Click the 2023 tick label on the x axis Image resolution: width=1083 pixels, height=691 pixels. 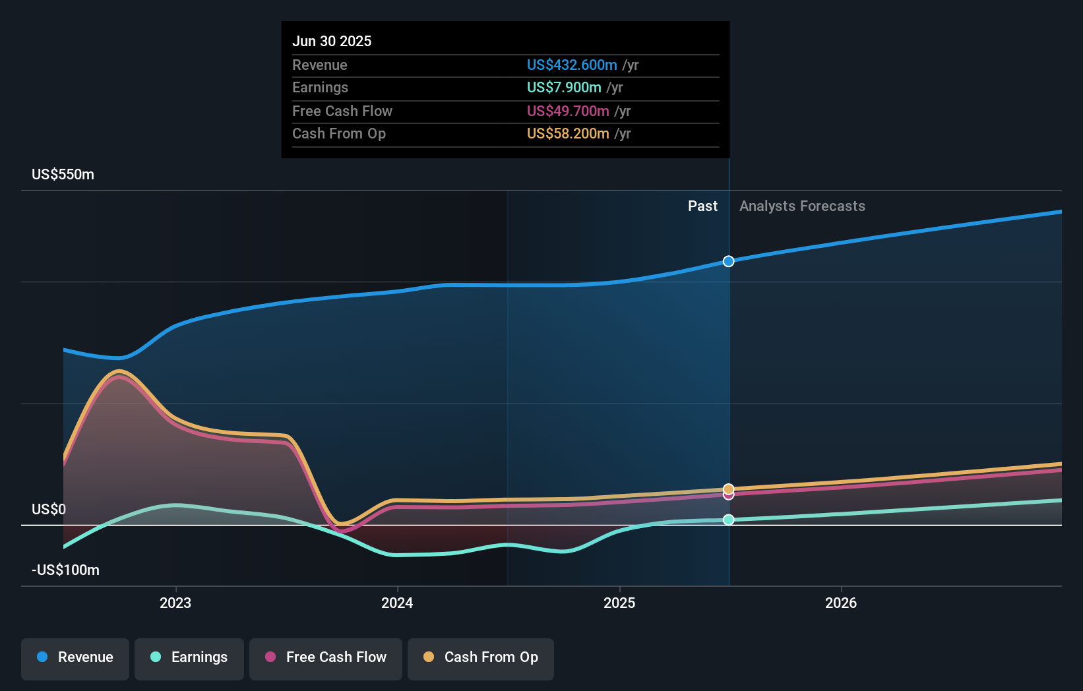(175, 603)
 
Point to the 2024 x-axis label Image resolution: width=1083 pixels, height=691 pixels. (397, 603)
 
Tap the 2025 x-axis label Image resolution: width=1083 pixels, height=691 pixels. (619, 603)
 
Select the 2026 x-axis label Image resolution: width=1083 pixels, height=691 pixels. (841, 603)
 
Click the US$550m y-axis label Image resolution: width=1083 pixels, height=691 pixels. (63, 175)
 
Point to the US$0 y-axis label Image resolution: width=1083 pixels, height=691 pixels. (49, 510)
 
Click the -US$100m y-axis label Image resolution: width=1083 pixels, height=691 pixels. (65, 570)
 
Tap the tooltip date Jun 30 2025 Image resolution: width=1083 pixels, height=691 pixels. (332, 42)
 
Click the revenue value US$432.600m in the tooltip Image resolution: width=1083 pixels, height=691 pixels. (572, 65)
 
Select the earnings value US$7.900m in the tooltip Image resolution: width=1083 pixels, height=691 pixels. (564, 88)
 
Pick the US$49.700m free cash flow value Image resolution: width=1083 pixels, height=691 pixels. (568, 111)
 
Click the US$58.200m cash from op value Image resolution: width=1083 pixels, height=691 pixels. (568, 134)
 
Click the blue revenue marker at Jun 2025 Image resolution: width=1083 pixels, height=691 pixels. (728, 261)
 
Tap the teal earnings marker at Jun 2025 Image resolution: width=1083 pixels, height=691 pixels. (728, 520)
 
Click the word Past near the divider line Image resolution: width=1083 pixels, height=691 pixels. (702, 206)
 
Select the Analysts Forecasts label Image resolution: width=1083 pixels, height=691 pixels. (802, 206)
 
